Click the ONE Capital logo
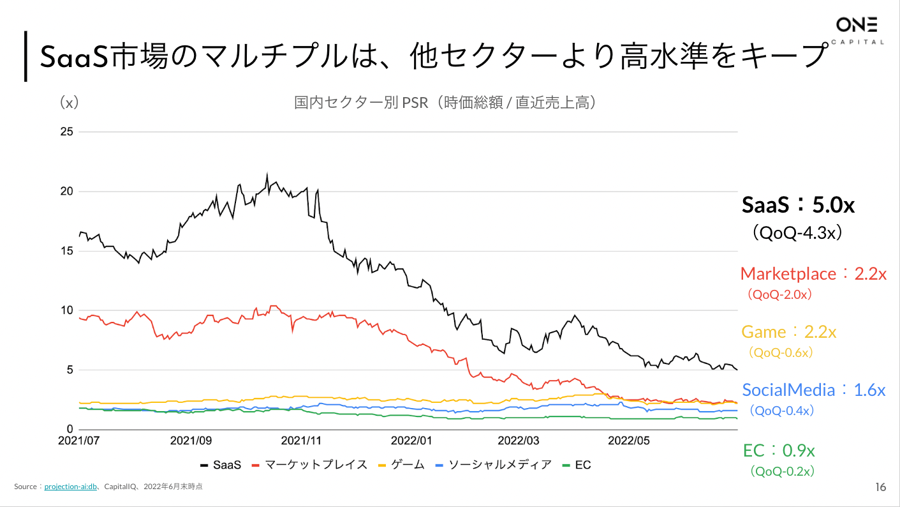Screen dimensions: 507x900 pos(857,31)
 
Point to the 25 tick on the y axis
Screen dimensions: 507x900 pos(66,132)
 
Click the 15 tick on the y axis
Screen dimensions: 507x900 pos(66,251)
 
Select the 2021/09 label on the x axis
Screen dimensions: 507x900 pos(191,441)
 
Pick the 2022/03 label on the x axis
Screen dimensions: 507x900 pos(518,441)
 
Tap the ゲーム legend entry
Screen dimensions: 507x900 pos(401,465)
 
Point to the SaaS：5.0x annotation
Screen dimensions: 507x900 pos(798,205)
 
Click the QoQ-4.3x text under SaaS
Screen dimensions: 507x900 pos(798,232)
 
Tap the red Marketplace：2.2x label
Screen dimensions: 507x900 pos(813,274)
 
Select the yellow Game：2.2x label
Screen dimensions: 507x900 pos(788,332)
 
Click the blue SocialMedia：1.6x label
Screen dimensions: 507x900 pos(813,390)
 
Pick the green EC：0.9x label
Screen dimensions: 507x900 pos(779,450)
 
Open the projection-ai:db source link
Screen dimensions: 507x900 pos(70,487)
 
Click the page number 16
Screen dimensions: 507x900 pos(880,488)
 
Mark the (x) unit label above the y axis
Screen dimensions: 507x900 pos(68,103)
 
